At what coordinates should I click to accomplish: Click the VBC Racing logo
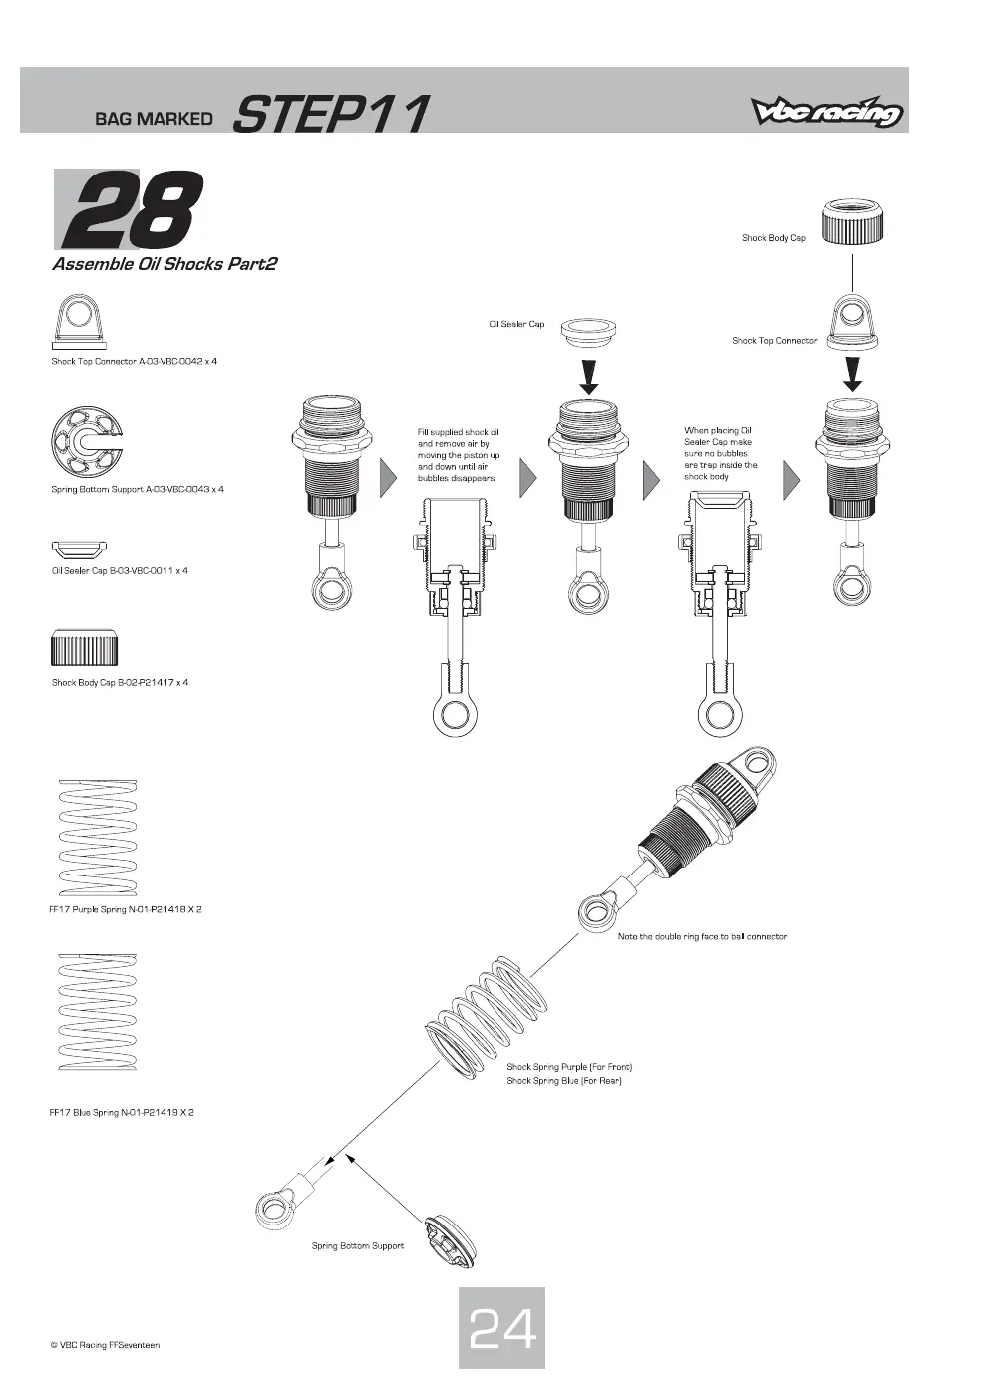(x=825, y=112)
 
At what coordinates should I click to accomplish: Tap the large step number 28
(x=133, y=210)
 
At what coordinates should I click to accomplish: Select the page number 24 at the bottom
(x=501, y=1328)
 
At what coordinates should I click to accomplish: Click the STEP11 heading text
(x=332, y=114)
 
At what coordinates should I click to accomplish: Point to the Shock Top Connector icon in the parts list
(x=79, y=322)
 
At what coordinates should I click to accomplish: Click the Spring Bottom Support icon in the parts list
(x=86, y=442)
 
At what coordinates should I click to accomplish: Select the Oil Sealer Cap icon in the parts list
(x=79, y=550)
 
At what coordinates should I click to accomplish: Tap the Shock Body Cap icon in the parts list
(x=84, y=648)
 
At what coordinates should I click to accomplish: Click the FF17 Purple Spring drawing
(x=97, y=838)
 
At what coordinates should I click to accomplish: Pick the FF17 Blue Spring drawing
(x=97, y=1012)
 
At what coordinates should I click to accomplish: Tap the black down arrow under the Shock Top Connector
(x=852, y=374)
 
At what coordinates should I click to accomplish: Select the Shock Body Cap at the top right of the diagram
(x=852, y=223)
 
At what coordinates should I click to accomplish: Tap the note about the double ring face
(x=702, y=937)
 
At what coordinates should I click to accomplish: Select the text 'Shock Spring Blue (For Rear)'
(x=563, y=1081)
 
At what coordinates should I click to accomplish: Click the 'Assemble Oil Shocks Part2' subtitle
(x=165, y=264)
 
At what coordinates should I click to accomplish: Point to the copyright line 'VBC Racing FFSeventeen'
(x=105, y=1345)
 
